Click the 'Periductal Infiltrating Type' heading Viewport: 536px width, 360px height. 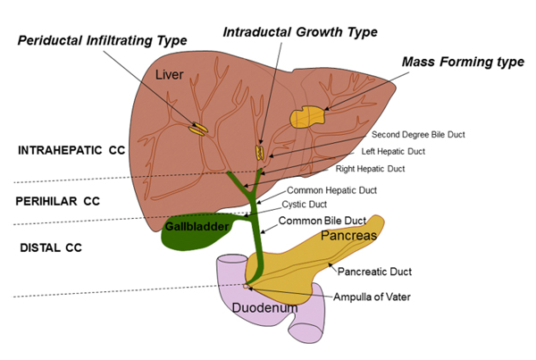(x=102, y=41)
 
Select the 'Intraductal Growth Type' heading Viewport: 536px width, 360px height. (x=300, y=32)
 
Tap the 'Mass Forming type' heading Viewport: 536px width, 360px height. (x=463, y=62)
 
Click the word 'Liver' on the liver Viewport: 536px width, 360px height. (x=169, y=74)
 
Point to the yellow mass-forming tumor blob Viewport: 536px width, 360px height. (x=307, y=117)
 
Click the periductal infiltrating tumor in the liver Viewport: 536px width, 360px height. (x=198, y=129)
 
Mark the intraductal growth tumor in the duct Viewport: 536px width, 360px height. (x=260, y=153)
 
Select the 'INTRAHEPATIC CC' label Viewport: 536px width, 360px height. (x=71, y=150)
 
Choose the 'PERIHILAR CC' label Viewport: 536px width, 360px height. (x=58, y=201)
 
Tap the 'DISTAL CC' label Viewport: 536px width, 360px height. (x=51, y=247)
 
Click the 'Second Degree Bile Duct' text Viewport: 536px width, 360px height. (x=418, y=135)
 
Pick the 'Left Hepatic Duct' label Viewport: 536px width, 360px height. (x=393, y=152)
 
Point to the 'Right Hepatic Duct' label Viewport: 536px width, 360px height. (x=370, y=169)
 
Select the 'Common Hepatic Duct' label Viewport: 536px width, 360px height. (x=331, y=190)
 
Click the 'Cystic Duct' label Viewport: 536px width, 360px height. (x=305, y=205)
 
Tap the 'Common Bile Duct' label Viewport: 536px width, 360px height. (x=322, y=221)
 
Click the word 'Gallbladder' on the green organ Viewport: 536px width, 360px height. (x=197, y=226)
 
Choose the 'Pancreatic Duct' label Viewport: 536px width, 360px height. (x=374, y=272)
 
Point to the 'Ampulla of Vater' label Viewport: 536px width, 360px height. (x=372, y=297)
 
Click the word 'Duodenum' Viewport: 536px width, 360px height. (x=265, y=308)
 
